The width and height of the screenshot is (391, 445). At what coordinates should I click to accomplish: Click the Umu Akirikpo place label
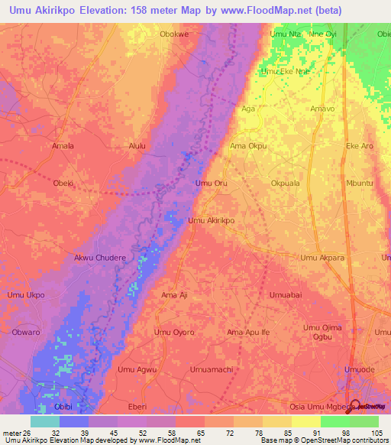(x=211, y=220)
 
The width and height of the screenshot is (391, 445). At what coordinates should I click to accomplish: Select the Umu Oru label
(x=212, y=184)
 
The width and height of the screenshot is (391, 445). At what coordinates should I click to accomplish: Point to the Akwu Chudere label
(x=99, y=258)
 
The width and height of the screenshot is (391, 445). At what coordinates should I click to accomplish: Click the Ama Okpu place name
(x=248, y=145)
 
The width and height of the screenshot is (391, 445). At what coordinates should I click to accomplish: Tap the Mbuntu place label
(x=360, y=184)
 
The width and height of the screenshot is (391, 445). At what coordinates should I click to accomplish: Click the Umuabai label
(x=286, y=294)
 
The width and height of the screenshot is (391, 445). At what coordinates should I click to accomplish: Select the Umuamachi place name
(x=211, y=369)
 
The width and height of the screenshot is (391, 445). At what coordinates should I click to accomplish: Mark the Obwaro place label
(x=26, y=333)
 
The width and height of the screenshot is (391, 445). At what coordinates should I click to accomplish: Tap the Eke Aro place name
(x=360, y=145)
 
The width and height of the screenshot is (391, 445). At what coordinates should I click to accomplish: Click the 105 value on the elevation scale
(x=375, y=433)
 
